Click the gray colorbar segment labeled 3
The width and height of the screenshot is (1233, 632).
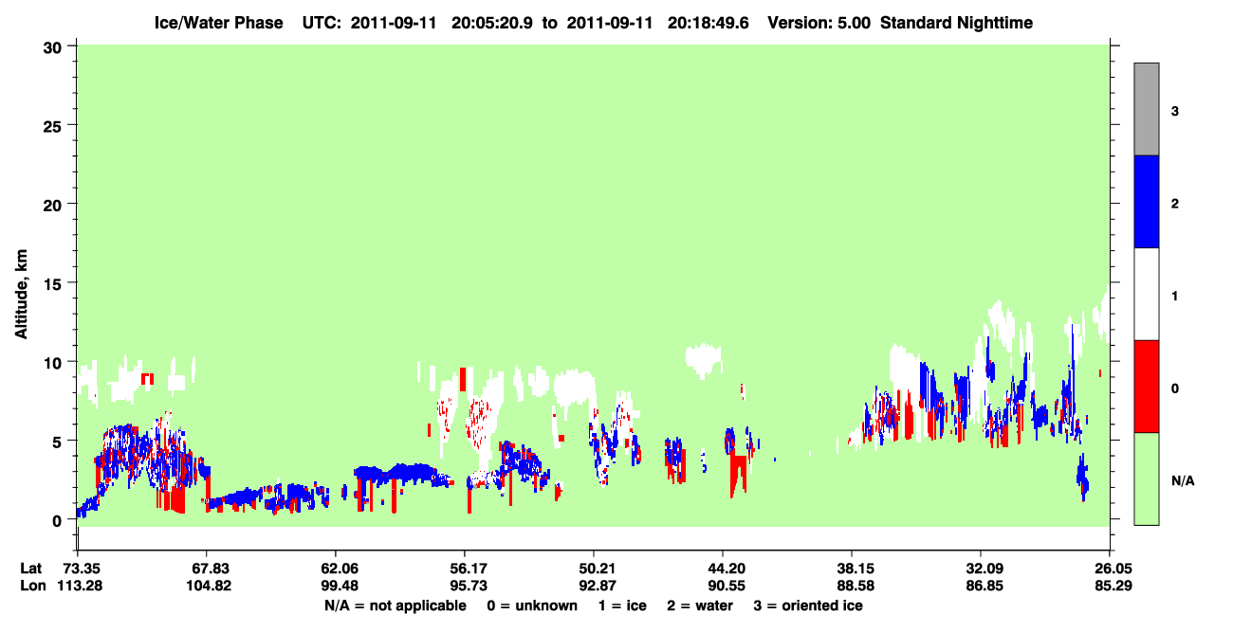(1146, 109)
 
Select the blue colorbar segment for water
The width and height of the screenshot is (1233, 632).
(1146, 201)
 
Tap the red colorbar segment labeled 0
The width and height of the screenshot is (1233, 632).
(1146, 387)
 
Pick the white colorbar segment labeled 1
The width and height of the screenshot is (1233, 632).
(1146, 295)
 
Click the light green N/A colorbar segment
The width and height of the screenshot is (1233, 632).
(1146, 479)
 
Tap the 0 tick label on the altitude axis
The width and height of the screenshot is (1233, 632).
(57, 521)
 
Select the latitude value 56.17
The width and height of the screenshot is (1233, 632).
(469, 569)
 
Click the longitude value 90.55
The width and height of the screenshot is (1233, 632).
(727, 586)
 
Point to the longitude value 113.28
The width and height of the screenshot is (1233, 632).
(80, 586)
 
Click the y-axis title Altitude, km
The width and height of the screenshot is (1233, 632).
(21, 295)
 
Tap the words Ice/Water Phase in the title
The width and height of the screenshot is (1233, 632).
(218, 23)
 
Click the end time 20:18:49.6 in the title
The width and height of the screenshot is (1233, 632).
(708, 23)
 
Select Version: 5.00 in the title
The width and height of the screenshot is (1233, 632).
(819, 23)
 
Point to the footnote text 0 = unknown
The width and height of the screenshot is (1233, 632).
(532, 605)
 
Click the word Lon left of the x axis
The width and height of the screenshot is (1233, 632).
(33, 586)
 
